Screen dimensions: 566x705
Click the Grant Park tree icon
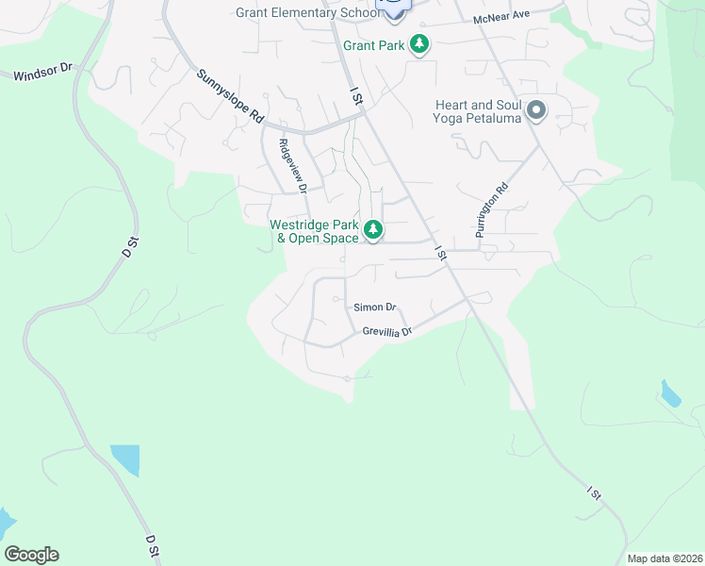[419, 44]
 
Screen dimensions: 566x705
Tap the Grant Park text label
[374, 45]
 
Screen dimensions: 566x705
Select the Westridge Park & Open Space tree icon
[374, 229]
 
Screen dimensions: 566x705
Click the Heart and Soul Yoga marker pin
[536, 110]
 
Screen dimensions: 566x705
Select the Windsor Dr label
[43, 73]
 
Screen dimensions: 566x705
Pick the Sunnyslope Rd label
[230, 97]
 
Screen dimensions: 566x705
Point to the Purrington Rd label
[491, 215]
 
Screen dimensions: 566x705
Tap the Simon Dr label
[375, 308]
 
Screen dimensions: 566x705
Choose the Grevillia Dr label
[387, 332]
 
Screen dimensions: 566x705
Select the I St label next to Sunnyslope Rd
[356, 96]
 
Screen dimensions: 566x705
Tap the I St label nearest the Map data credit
[594, 493]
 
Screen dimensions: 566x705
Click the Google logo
[31, 555]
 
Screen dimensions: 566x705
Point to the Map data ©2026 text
[664, 558]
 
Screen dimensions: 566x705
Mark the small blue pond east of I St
[670, 393]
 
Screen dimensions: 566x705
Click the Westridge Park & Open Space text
[315, 231]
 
